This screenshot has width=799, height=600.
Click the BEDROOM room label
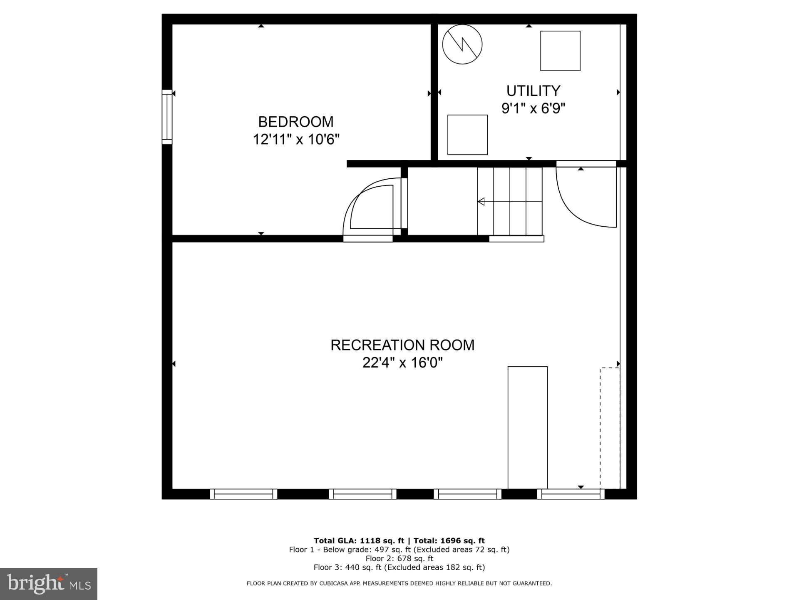pos(296,122)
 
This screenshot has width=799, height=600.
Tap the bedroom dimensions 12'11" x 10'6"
pos(296,139)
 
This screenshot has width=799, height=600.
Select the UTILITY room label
pos(533,90)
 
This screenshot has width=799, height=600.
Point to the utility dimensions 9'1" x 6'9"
pos(533,108)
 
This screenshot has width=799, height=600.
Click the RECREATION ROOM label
pos(402,345)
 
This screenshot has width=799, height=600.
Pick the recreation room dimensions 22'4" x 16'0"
pos(402,362)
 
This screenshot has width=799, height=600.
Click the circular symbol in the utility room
pos(462,44)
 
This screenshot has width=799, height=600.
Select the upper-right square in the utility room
pos(560,51)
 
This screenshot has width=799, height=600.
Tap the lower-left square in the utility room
pos(467,135)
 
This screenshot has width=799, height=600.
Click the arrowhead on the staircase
pos(481,202)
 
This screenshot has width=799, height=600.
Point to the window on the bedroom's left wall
pos(167,117)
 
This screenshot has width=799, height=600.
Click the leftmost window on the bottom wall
pos(243,494)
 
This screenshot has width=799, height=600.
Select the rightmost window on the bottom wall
pos(571,494)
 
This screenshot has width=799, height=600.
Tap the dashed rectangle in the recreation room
pos(610,427)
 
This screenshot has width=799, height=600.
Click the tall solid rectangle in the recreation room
pos(527,427)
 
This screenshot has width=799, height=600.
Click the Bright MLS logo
pos(49,584)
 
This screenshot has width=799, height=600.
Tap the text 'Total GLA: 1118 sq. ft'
pos(359,541)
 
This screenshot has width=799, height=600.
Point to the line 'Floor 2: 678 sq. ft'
pos(399,558)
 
